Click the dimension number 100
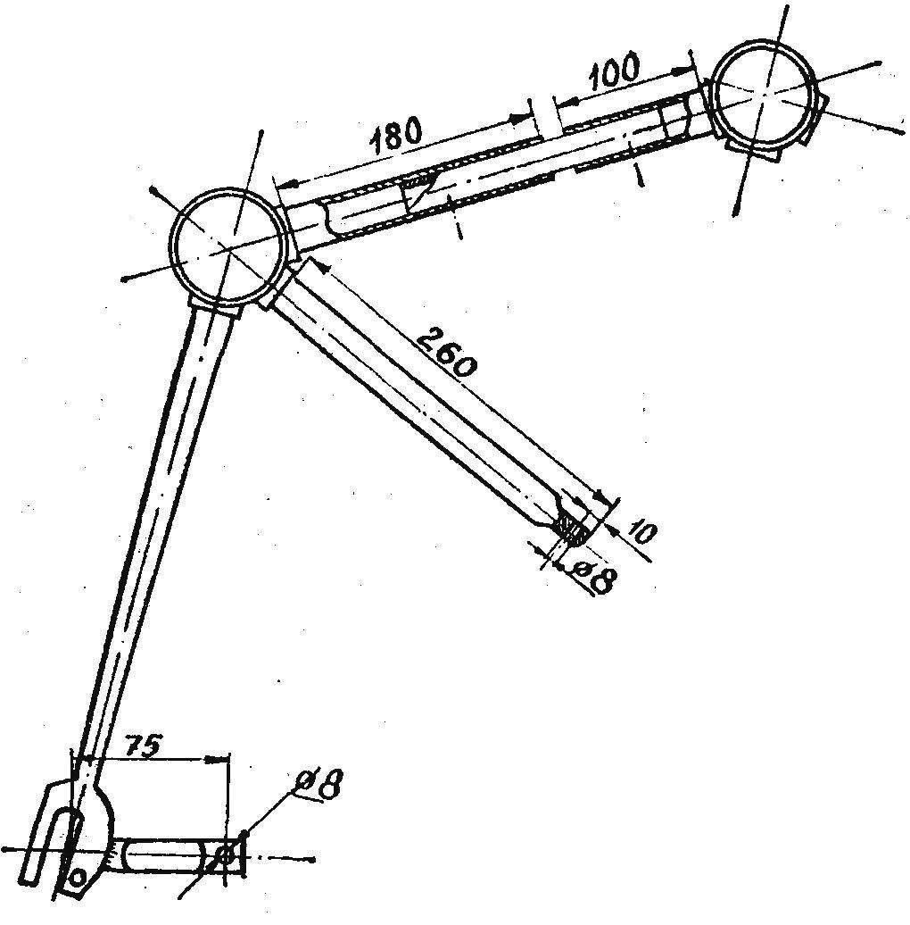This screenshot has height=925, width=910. [614, 69]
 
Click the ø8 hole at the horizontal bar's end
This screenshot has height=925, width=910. [225, 854]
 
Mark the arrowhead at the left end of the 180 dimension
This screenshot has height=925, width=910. [284, 183]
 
